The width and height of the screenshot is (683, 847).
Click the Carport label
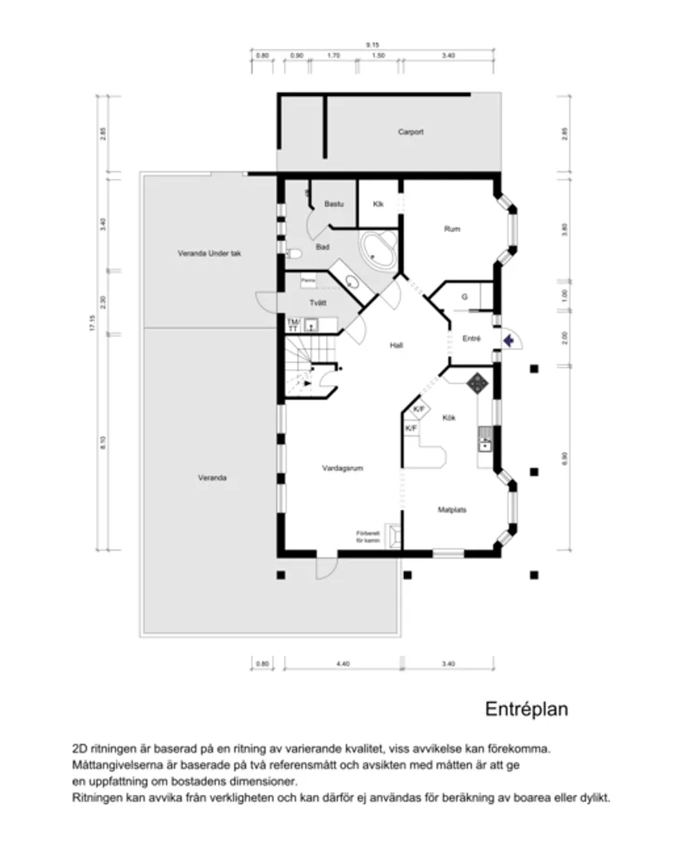410,132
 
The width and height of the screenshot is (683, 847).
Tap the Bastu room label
334,204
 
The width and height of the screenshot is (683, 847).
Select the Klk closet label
378,204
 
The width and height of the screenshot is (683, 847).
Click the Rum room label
452,229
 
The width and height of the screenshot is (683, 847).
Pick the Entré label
470,338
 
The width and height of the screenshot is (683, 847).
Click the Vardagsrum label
343,468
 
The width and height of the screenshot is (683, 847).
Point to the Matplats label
451,510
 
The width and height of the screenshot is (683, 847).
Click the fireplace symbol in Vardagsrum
396,537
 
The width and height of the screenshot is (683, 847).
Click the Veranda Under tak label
209,253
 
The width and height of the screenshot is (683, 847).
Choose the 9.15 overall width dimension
374,44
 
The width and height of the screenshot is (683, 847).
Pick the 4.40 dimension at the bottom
343,663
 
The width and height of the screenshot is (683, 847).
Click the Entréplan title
526,710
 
